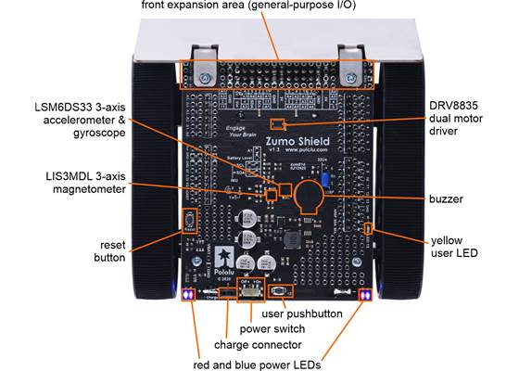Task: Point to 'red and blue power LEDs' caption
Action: click(x=257, y=364)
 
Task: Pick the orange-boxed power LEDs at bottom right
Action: click(x=364, y=295)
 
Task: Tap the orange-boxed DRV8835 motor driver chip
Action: click(x=276, y=122)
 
